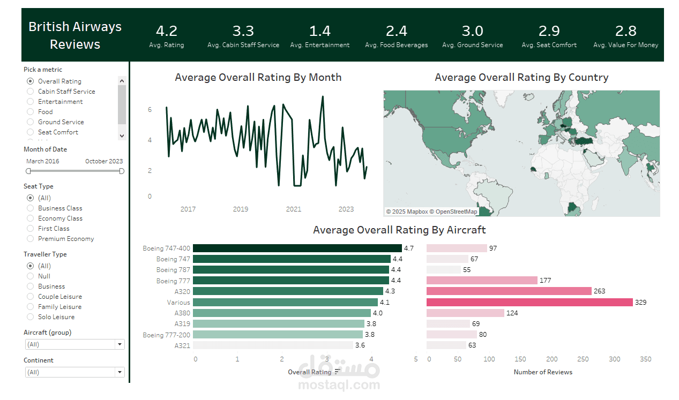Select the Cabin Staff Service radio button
click(x=31, y=92)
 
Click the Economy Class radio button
click(x=31, y=218)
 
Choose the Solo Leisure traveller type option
click(x=31, y=316)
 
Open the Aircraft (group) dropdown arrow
click(x=120, y=344)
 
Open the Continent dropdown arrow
click(x=120, y=372)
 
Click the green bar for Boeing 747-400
click(x=297, y=248)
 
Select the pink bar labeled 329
click(x=529, y=302)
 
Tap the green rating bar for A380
click(x=282, y=313)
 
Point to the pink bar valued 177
click(x=482, y=281)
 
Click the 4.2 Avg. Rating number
click(x=167, y=31)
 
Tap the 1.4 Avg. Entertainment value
click(x=320, y=31)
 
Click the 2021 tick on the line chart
click(x=294, y=209)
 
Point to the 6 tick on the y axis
click(x=150, y=110)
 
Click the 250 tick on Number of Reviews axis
click(x=583, y=359)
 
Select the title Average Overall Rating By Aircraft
click(x=399, y=230)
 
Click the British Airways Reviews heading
click(x=75, y=35)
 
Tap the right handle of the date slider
click(x=122, y=171)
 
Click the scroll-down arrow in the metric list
click(x=122, y=136)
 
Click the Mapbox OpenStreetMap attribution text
click(x=431, y=212)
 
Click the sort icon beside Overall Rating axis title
click(x=338, y=372)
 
